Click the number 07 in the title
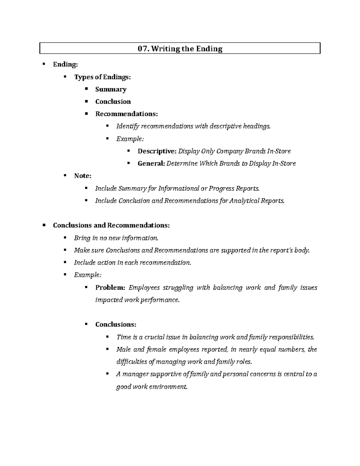pyautogui.click(x=142, y=49)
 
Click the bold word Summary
pyautogui.click(x=111, y=89)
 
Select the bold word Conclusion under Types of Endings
pyautogui.click(x=113, y=102)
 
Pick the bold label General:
pyautogui.click(x=151, y=164)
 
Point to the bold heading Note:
pyautogui.click(x=82, y=176)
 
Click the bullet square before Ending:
pyautogui.click(x=44, y=64)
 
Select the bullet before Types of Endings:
pyautogui.click(x=65, y=77)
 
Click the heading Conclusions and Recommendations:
pyautogui.click(x=111, y=225)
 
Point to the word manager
pyautogui.click(x=135, y=374)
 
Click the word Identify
pyautogui.click(x=128, y=126)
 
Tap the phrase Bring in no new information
pyautogui.click(x=116, y=238)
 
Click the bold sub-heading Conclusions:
pyautogui.click(x=116, y=325)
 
